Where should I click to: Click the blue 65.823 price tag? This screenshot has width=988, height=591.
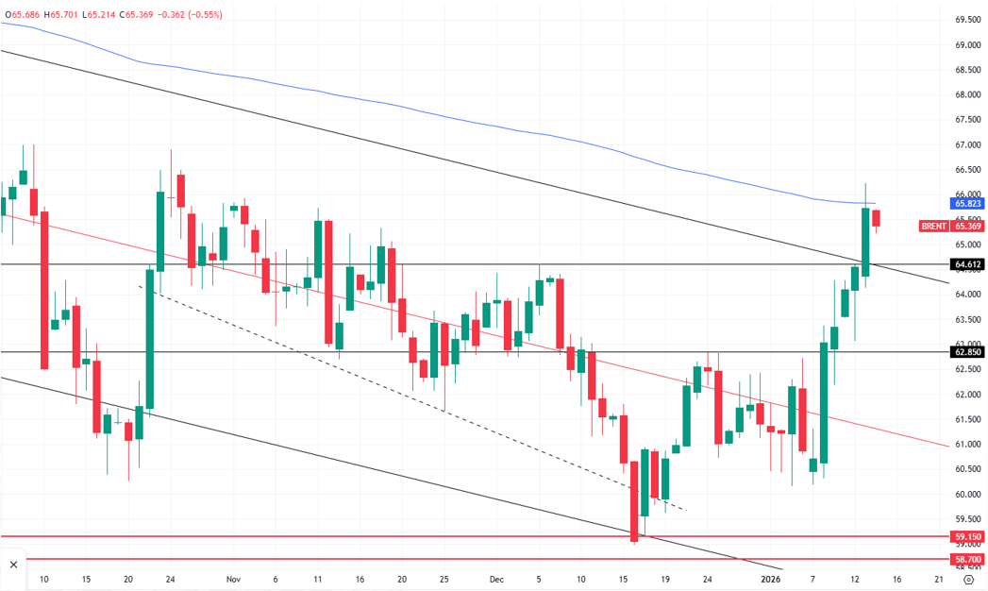(x=968, y=203)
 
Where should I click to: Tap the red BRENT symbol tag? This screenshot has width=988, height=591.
(x=934, y=226)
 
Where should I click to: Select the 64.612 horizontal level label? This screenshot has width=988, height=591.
(x=968, y=264)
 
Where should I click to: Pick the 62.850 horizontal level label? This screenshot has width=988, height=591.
(x=968, y=352)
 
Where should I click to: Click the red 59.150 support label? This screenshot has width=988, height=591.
(x=968, y=536)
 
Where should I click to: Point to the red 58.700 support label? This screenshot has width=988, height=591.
(x=968, y=559)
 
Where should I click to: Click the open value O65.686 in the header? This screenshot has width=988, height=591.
(x=24, y=14)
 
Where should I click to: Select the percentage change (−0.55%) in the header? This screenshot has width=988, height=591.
(x=203, y=14)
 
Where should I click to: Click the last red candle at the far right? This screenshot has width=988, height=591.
(x=877, y=218)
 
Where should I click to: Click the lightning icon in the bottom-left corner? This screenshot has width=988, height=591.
(x=14, y=565)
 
